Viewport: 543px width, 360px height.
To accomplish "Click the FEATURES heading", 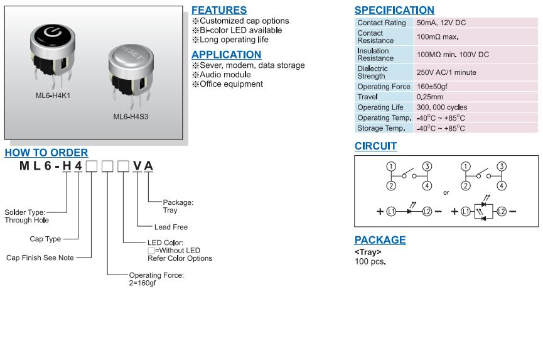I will [218, 10].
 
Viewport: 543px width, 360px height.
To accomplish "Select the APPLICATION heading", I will [226, 55].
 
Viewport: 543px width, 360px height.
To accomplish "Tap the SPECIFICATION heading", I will [394, 10].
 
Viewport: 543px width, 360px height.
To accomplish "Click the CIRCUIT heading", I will [375, 146].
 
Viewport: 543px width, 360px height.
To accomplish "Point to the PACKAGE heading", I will [380, 240].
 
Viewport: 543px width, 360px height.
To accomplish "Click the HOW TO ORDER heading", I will [46, 153].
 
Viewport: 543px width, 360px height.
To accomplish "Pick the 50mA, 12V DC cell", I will [441, 23].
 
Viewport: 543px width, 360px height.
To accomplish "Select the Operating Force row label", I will [383, 87].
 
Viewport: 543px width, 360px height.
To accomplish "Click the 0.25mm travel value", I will [430, 97].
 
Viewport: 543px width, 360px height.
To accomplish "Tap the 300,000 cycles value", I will [442, 107].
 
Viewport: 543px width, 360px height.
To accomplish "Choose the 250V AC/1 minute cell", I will [446, 72].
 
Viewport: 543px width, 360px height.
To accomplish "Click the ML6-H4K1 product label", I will [52, 96].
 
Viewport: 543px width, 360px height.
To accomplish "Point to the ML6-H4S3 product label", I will [131, 116].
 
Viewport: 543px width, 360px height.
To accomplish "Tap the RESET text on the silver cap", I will [129, 52].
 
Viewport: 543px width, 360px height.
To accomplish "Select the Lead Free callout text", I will [171, 227].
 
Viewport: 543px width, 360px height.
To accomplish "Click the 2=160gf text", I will [142, 283].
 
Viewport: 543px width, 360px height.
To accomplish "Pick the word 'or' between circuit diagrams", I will [446, 192].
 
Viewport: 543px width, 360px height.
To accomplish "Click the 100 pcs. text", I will [370, 261].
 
